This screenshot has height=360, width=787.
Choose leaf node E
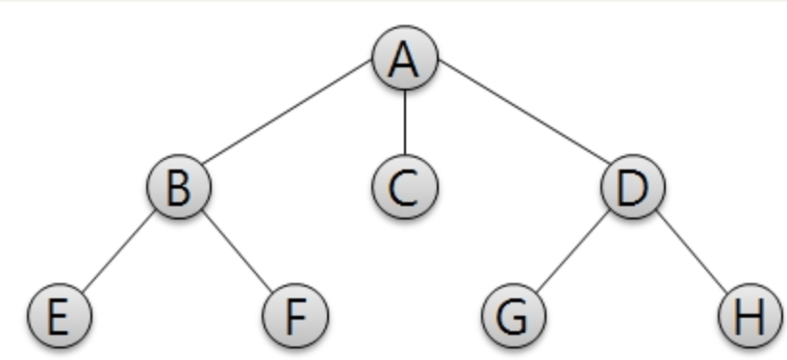pos(59,314)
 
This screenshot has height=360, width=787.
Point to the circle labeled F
pos(295,314)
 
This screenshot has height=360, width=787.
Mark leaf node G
pos(514,314)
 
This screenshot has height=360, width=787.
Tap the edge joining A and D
pos(520,122)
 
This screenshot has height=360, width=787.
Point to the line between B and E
pos(118,249)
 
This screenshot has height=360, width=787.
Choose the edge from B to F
pos(236,249)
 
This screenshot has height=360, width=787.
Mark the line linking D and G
pos(573,249)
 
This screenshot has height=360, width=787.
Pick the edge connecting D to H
pos(692,249)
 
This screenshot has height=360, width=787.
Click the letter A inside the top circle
pos(404,59)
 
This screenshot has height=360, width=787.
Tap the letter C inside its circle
pos(404,186)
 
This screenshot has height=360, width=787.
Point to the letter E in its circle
pos(59,315)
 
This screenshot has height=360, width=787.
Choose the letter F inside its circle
pos(295,315)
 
